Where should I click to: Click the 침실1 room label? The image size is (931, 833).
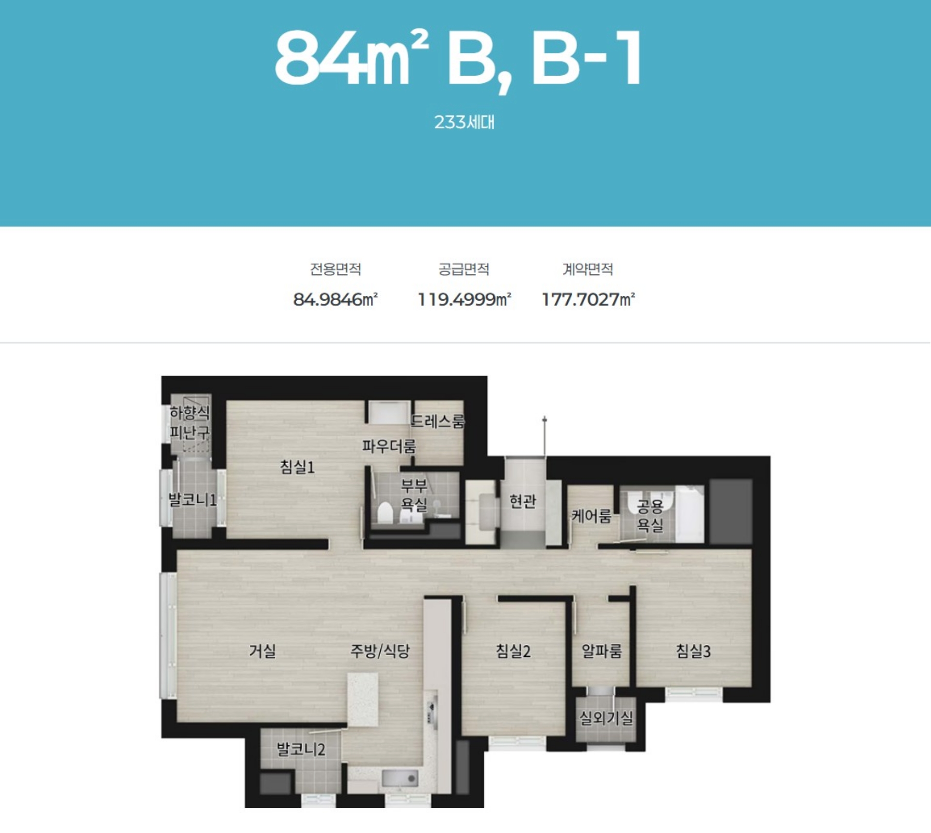coord(297,467)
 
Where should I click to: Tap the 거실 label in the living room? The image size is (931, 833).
coord(262,651)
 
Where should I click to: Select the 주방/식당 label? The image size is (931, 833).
coord(380,651)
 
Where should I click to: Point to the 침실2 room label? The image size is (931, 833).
coord(513,651)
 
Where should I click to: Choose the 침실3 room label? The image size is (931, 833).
coord(693,651)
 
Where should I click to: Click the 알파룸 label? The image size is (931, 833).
coord(601,651)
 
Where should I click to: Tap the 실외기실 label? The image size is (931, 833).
coord(606,718)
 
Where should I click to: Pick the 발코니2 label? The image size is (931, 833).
coord(301,749)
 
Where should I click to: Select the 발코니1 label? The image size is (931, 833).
coord(192,499)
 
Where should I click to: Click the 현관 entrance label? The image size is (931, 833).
coord(523,501)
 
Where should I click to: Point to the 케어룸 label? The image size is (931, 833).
coord(591,516)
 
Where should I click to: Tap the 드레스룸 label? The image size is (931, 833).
coord(438,421)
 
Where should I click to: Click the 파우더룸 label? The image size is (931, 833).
coord(389,446)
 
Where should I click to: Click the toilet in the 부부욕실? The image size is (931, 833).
coord(385,513)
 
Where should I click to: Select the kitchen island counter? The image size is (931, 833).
coord(363,700)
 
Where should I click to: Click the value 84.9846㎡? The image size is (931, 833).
coord(336,299)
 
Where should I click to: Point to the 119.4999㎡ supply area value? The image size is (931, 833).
coord(465,299)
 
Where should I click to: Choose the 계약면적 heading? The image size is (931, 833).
coord(588,269)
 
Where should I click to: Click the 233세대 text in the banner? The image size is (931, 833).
coord(465,122)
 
